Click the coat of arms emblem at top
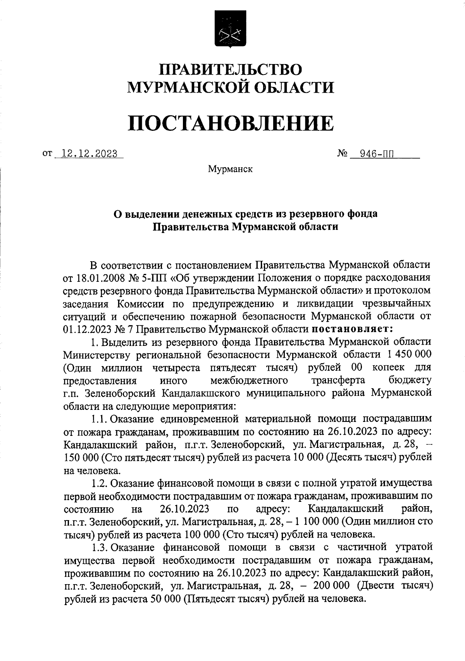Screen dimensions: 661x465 [230, 30]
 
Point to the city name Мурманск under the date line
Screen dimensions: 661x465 [230, 169]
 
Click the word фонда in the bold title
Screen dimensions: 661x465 [360, 213]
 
